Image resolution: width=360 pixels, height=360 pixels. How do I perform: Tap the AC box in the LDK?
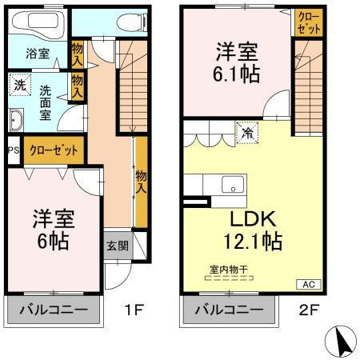pos(308,284)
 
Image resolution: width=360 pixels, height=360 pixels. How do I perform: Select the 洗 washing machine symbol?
pos(18,83)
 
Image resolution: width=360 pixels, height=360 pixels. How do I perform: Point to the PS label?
pos(12,150)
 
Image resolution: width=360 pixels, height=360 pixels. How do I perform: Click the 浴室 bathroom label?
pos(36,54)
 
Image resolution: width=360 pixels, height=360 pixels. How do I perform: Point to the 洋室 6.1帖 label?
pos(235,62)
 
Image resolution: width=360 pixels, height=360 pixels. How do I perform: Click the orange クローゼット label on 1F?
pos(54,150)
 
